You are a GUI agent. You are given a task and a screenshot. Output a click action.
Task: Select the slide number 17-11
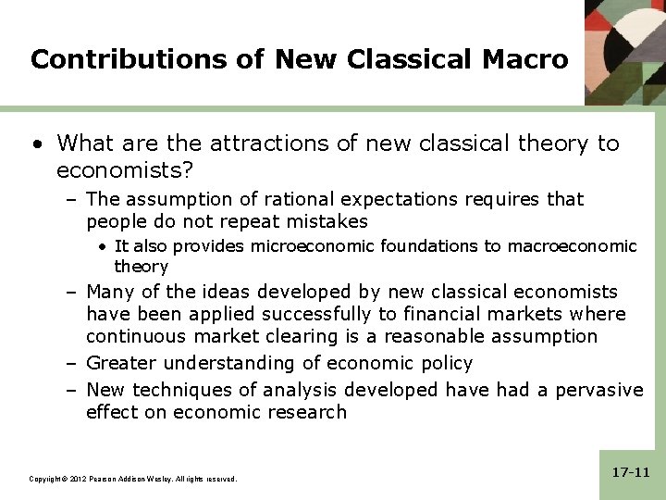coord(631,472)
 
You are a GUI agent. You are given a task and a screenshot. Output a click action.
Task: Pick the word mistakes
coord(327,221)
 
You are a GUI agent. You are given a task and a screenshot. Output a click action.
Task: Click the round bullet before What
coord(37,144)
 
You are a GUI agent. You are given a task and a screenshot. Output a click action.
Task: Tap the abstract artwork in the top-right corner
coord(625,51)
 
